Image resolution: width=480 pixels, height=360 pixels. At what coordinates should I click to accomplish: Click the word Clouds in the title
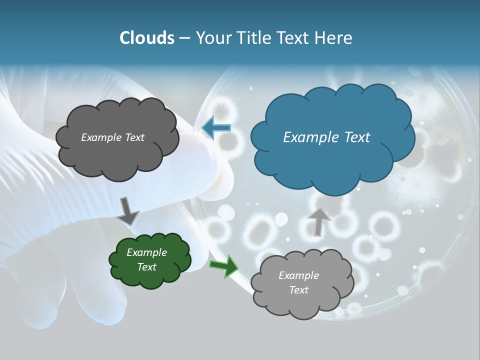pyautogui.click(x=146, y=38)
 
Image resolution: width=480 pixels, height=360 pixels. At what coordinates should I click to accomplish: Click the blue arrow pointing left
pyautogui.click(x=216, y=128)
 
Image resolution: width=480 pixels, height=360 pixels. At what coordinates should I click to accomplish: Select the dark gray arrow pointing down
pyautogui.click(x=128, y=211)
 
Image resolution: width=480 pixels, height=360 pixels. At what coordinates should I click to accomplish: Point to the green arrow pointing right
pyautogui.click(x=224, y=266)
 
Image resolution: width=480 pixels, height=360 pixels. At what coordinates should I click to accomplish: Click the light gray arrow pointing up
pyautogui.click(x=319, y=221)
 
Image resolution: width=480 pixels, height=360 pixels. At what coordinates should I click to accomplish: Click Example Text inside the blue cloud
pyautogui.click(x=326, y=137)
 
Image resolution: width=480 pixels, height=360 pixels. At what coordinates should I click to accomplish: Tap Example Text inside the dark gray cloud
pyautogui.click(x=112, y=137)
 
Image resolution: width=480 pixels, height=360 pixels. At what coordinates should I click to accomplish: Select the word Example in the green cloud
pyautogui.click(x=146, y=252)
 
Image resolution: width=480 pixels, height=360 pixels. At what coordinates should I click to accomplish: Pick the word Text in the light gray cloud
pyautogui.click(x=298, y=290)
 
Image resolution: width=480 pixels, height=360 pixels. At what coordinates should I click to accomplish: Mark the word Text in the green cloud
pyautogui.click(x=146, y=267)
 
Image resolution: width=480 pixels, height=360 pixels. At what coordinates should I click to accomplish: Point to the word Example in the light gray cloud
pyautogui.click(x=298, y=275)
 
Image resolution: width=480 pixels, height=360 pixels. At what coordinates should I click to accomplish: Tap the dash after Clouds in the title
pyautogui.click(x=184, y=38)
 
